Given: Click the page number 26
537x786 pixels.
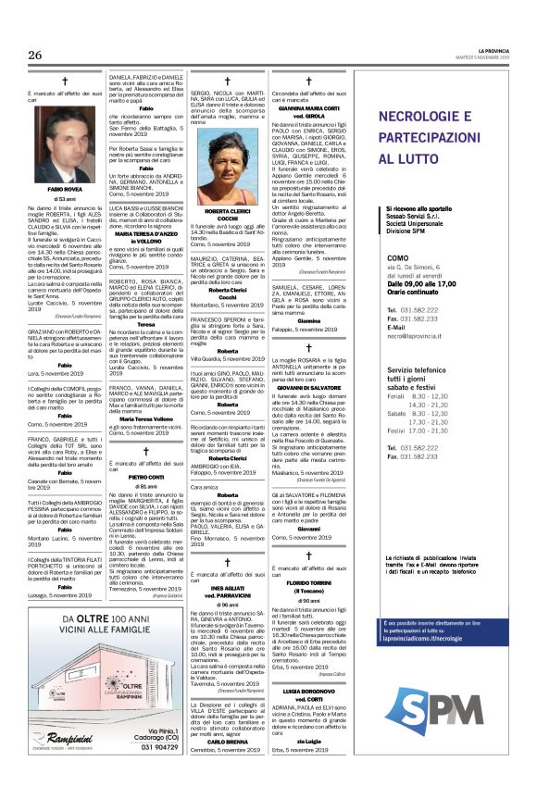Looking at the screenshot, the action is (35, 56).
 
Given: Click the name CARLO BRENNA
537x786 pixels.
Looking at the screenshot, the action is (226, 767).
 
